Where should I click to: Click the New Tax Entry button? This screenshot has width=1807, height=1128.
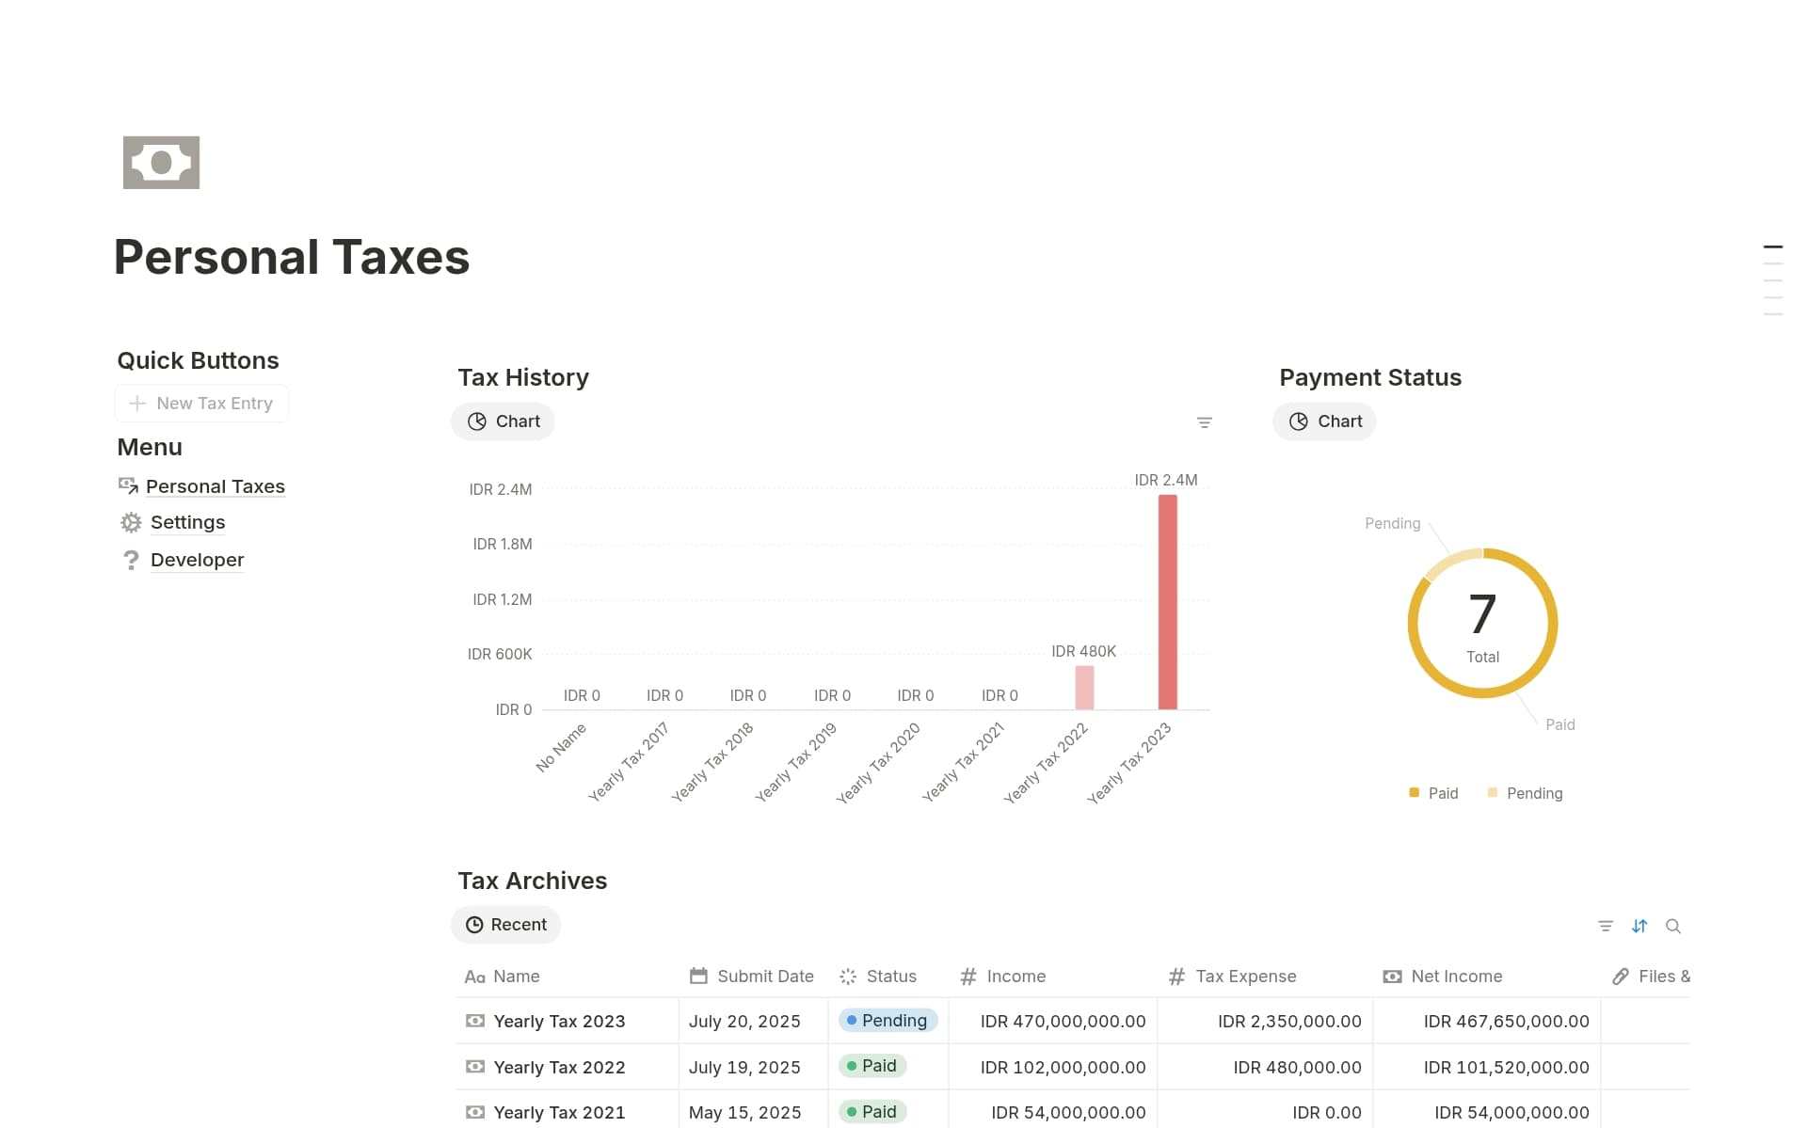[201, 404]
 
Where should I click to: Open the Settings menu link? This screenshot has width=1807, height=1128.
[187, 522]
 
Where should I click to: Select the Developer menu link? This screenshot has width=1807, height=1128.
[197, 560]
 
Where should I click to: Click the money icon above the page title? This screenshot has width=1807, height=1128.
[161, 163]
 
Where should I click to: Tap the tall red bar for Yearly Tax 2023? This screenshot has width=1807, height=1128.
[1167, 602]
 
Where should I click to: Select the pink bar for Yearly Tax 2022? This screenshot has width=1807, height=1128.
[1084, 688]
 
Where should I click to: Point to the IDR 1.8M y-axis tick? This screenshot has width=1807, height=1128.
[502, 544]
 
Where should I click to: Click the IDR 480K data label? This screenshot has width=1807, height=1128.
[1083, 651]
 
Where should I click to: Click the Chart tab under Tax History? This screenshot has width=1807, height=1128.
[504, 421]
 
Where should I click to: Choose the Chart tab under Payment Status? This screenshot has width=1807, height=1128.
[1325, 421]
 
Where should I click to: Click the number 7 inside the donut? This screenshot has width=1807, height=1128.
[1482, 614]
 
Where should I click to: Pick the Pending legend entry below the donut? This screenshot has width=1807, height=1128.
[1526, 793]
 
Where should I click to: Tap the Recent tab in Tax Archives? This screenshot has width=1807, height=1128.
[506, 925]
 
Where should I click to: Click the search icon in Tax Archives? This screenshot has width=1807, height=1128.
[1672, 926]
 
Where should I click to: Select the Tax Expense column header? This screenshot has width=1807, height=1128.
[1245, 977]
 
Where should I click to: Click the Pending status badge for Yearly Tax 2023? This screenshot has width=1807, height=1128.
[888, 1021]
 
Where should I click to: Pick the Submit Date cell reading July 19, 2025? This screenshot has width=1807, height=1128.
[744, 1067]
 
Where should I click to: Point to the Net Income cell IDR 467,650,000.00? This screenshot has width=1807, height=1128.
[1506, 1021]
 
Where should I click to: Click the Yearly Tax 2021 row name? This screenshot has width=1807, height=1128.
[559, 1112]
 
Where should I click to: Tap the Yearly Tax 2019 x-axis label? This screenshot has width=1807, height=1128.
[796, 761]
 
